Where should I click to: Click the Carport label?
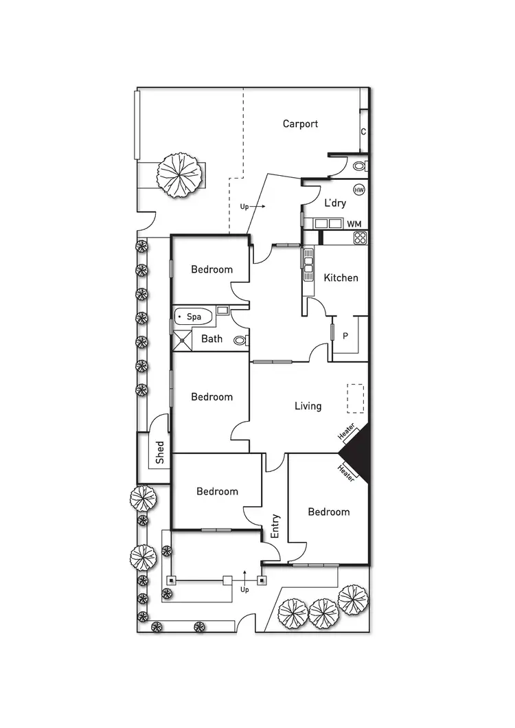[300, 124]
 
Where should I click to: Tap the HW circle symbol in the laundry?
[358, 190]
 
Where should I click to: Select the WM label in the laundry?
[354, 224]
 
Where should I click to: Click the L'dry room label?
[335, 203]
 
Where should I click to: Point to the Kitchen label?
[341, 277]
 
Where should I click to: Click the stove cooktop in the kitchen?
[360, 238]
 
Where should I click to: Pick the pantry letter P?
[345, 336]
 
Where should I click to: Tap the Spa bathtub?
[193, 317]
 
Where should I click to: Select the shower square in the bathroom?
[182, 340]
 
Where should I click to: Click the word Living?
[308, 406]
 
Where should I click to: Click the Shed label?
[159, 453]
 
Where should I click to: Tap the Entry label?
[275, 525]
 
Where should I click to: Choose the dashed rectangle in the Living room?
[355, 398]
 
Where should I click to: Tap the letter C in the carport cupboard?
[363, 132]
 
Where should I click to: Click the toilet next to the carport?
[359, 166]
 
